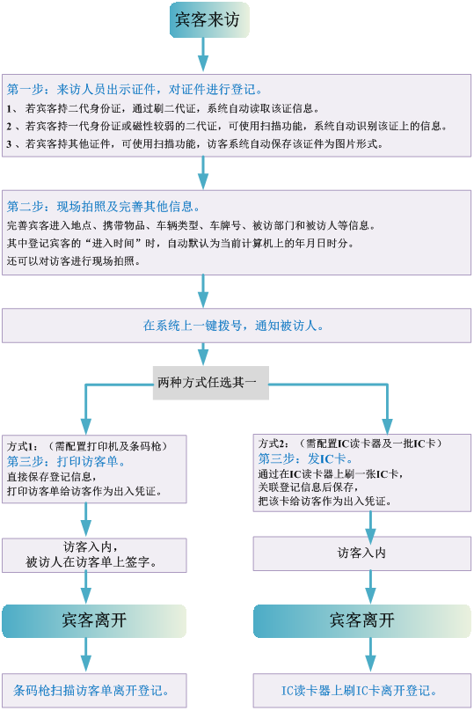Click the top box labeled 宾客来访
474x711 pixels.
pyautogui.click(x=209, y=20)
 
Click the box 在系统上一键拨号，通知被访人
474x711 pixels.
pyautogui.click(x=237, y=326)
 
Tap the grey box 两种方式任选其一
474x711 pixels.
pyautogui.click(x=211, y=383)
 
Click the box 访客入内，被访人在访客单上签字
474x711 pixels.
pyautogui.click(x=94, y=555)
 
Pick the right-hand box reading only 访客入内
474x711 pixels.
pyautogui.click(x=362, y=553)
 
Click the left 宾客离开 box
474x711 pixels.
pyautogui.click(x=94, y=620)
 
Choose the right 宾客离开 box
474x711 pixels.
pyautogui.click(x=362, y=620)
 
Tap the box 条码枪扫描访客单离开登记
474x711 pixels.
pyautogui.click(x=94, y=691)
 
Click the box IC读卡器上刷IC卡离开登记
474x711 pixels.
pyautogui.click(x=362, y=691)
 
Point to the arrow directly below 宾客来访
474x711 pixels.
pyautogui.click(x=203, y=55)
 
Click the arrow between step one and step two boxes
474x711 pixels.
pyautogui.click(x=203, y=173)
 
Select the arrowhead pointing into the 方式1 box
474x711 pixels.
pyautogui.click(x=85, y=427)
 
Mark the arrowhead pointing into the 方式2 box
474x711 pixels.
pyautogui.click(x=387, y=426)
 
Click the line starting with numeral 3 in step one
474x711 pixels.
pyautogui.click(x=195, y=144)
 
